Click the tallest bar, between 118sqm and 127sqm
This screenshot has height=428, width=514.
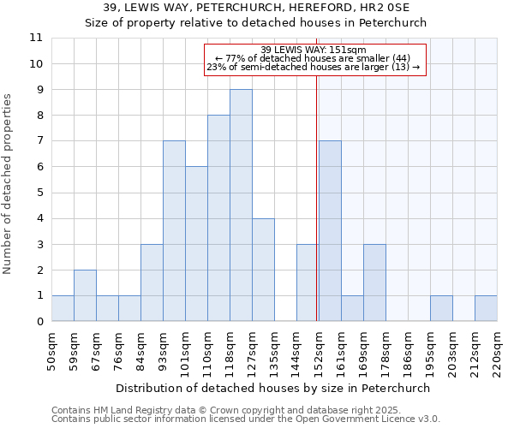[241, 205]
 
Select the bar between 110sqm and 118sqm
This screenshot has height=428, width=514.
[218, 218]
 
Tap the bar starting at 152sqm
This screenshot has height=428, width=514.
[330, 231]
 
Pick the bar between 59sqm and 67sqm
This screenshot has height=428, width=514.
[85, 295]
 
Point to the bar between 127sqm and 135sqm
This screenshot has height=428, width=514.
[263, 270]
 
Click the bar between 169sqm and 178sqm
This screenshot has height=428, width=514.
[374, 282]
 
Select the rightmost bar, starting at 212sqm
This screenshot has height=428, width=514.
[486, 308]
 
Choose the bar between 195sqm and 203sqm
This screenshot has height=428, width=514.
[441, 308]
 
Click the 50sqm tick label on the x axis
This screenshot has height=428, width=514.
[51, 351]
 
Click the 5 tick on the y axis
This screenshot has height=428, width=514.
[39, 193]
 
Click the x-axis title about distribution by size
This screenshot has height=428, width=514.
[274, 388]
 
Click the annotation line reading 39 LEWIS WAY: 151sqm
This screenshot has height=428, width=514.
[314, 50]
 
